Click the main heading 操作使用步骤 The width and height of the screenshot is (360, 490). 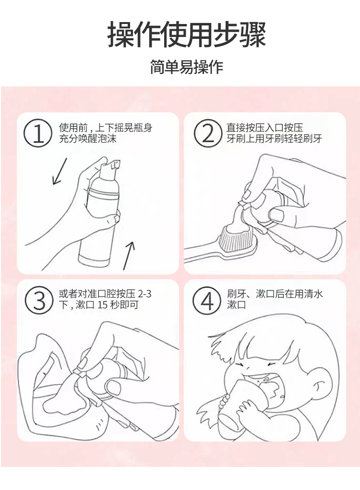[187, 35]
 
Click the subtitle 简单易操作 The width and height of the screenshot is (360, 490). [187, 67]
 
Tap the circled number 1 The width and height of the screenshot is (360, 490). [38, 133]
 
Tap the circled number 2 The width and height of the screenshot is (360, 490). [208, 133]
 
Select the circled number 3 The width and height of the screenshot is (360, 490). [39, 300]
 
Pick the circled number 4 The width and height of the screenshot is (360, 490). [206, 300]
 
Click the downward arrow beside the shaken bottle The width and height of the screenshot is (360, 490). [60, 171]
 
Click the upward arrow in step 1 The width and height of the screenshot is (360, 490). [129, 255]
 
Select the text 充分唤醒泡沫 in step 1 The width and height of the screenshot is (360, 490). [88, 138]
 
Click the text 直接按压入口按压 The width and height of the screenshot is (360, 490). [264, 128]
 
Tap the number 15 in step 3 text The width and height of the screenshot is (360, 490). [103, 305]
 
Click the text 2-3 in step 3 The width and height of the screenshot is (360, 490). [144, 294]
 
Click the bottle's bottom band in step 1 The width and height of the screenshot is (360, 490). [94, 259]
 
